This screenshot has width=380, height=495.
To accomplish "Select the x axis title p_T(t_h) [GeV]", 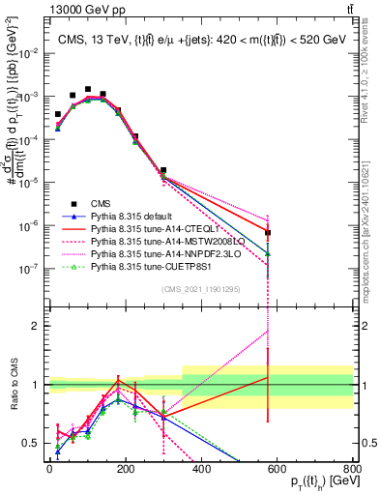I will point(318,483).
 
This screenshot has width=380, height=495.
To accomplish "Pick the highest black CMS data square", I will point(88,89).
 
